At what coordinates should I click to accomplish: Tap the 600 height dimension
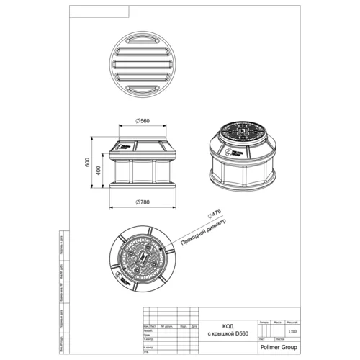click(x=89, y=163)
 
